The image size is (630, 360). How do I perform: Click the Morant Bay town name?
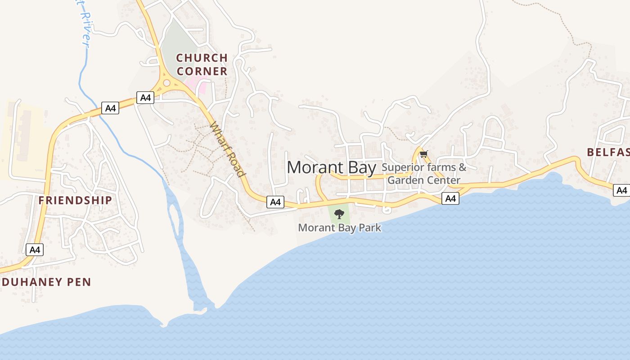point(331,167)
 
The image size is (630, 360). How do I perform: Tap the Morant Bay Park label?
point(339,228)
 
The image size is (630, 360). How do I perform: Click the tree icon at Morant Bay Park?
point(339,214)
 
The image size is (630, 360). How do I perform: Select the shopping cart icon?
point(423,154)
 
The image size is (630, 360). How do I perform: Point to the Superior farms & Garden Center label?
point(424,174)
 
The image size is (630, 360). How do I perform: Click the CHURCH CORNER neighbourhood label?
point(202,64)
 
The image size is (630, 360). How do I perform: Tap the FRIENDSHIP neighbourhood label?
point(75,200)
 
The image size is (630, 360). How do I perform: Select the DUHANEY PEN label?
point(46,282)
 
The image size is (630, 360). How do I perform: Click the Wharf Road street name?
point(228,149)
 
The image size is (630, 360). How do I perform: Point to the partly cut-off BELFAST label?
point(608,152)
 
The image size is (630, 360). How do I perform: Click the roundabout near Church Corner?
point(166,83)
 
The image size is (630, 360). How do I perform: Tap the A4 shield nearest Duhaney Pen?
point(35,250)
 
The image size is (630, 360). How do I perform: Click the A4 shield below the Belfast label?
point(621,190)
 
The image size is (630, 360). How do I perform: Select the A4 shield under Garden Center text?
point(450,198)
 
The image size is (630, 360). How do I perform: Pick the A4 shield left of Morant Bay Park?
point(275,202)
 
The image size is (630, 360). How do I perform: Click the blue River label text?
point(84,27)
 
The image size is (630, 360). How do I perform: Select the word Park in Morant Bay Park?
point(369,228)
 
